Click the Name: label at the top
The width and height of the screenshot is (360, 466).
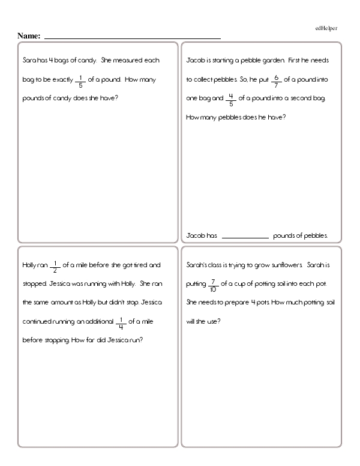coord(29,36)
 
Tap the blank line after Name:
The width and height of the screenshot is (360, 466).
coord(132,37)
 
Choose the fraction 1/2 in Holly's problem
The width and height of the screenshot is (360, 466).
coord(55,265)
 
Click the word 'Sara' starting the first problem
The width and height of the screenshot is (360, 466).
coord(27,61)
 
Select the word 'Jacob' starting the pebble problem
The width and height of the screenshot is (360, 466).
coord(196,61)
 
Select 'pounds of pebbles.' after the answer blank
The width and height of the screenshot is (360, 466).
coord(300,236)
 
